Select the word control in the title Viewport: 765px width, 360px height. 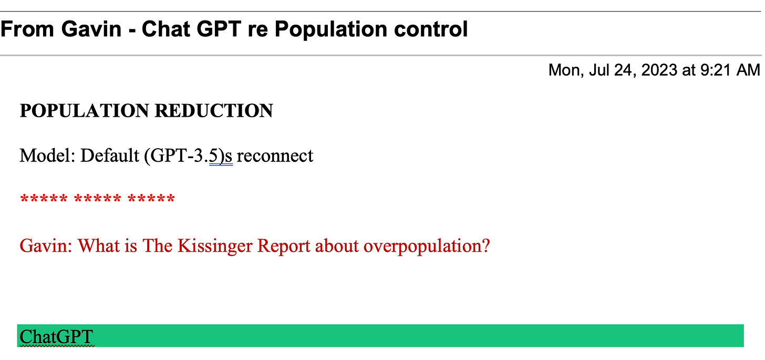pyautogui.click(x=426, y=29)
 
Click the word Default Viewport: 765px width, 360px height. pyautogui.click(x=110, y=156)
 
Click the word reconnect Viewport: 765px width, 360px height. pyautogui.click(x=275, y=156)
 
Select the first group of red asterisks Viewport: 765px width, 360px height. pyautogui.click(x=44, y=200)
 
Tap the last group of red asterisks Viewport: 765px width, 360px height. pyautogui.click(x=151, y=200)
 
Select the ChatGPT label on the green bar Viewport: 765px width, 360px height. pyautogui.click(x=56, y=336)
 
